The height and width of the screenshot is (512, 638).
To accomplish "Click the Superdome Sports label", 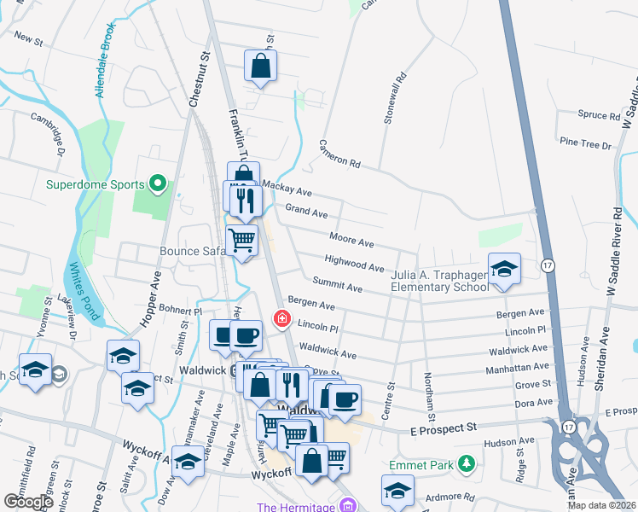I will click(94, 183).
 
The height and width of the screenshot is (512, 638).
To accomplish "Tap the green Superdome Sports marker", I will click(157, 183).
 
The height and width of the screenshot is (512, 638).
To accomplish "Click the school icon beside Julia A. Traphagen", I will click(504, 267).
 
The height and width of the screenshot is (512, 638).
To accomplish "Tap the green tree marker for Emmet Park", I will click(466, 465).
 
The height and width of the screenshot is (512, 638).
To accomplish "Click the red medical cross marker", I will click(281, 318).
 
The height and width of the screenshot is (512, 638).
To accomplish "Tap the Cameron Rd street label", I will click(341, 154).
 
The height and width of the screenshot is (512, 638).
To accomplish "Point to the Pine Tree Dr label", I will click(584, 145).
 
